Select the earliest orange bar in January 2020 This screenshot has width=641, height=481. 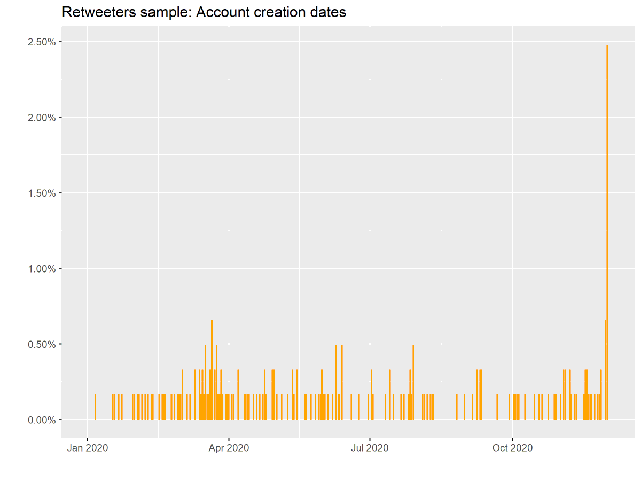(95, 407)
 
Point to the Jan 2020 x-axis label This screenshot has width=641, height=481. (88, 448)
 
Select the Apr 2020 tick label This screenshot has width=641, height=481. (229, 448)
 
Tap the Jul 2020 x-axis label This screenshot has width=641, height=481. (370, 448)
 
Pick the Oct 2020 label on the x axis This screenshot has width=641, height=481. (512, 448)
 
